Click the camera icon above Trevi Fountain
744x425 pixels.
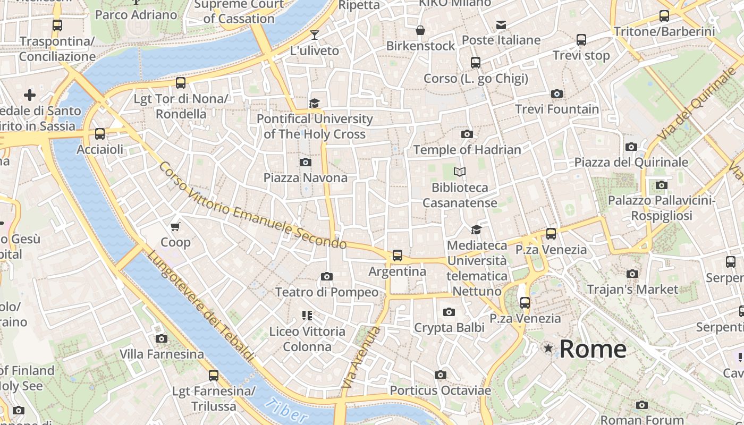tap(556, 94)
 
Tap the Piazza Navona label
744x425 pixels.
tap(305, 178)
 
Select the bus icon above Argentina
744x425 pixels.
tap(397, 256)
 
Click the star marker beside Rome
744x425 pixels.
tap(548, 348)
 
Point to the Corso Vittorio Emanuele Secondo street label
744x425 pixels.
tap(252, 206)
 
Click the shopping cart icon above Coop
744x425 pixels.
tap(175, 226)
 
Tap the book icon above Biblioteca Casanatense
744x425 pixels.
tap(459, 172)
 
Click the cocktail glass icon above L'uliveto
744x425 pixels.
tap(315, 35)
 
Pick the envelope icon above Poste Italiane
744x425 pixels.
tap(501, 24)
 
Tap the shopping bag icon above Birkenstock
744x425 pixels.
tap(420, 30)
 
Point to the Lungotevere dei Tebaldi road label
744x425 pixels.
tap(199, 307)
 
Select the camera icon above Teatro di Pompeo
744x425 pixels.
tap(327, 276)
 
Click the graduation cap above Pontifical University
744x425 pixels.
tap(315, 103)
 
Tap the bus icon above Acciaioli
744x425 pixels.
tap(99, 134)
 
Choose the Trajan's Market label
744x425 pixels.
tap(632, 290)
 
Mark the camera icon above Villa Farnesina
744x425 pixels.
tap(161, 338)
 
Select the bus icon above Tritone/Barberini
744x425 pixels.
tap(664, 16)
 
